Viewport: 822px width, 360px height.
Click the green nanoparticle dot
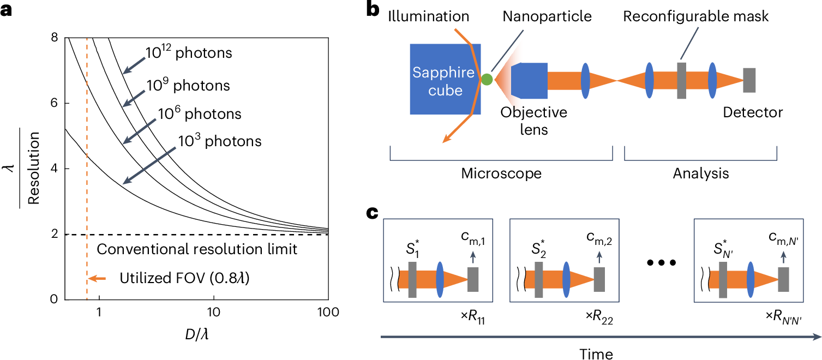487,80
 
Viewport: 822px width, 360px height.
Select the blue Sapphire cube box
445,80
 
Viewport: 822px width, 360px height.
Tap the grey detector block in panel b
749,80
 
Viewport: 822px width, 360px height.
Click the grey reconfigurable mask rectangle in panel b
681,80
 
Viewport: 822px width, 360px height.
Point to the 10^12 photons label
189,53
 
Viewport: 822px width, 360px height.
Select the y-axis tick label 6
53,104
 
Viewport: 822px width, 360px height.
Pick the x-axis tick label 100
328,313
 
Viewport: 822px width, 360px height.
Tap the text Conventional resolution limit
197,250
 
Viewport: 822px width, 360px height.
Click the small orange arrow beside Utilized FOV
98,279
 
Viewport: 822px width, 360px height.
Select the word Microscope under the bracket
501,175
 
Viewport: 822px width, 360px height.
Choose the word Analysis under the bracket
701,175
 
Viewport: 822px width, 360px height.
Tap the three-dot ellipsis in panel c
661,263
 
